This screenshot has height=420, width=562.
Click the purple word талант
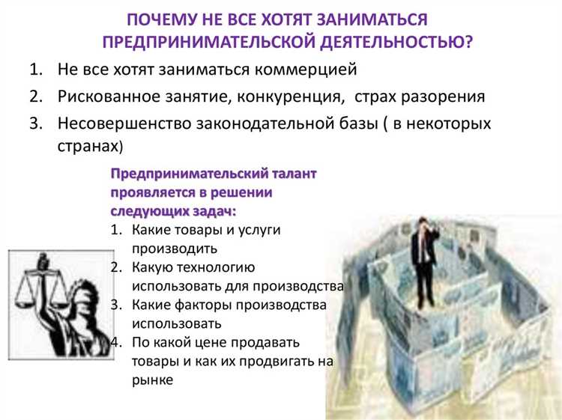coord(293,174)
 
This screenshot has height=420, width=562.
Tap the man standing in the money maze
coord(423,258)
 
